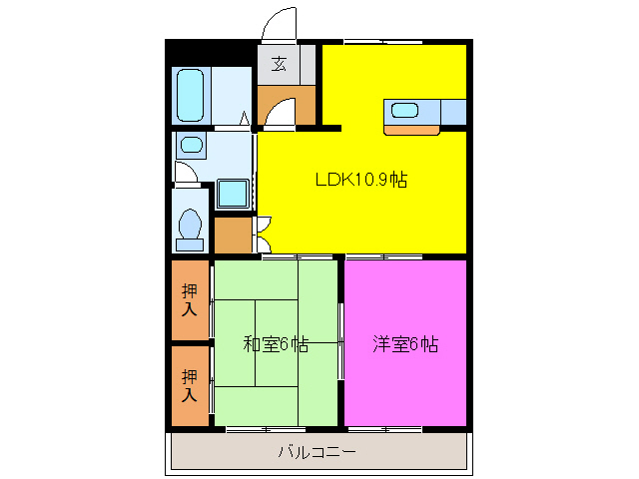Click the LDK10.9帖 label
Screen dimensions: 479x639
point(360,181)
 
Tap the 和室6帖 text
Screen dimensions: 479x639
point(277,345)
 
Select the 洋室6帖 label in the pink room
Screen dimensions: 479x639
point(405,345)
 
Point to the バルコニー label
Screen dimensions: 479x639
point(317,452)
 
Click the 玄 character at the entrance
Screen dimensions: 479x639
point(279,65)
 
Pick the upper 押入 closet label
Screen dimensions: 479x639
point(190,299)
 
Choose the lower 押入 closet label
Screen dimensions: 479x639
point(190,385)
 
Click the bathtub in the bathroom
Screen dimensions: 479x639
point(191,95)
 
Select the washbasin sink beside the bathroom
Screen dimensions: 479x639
point(191,146)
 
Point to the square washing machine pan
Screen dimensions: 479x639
point(233,193)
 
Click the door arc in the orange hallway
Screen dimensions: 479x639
point(281,112)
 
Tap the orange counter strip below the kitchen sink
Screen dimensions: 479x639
point(410,129)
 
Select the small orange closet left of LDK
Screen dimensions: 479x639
point(233,236)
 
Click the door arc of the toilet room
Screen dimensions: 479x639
point(186,171)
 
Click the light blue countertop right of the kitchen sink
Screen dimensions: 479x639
point(452,111)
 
